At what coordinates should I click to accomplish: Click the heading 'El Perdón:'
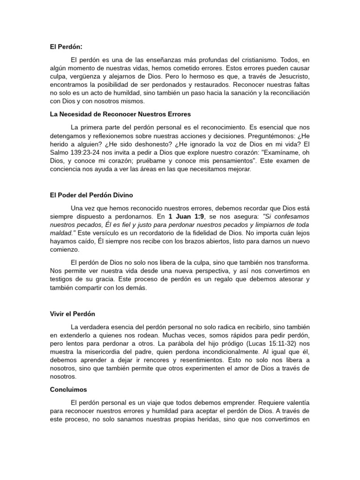[x=67, y=46]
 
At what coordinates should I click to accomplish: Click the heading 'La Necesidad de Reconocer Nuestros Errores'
[x=120, y=114]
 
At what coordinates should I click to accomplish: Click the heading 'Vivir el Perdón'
[x=73, y=314]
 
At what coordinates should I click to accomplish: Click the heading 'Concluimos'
[x=68, y=389]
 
